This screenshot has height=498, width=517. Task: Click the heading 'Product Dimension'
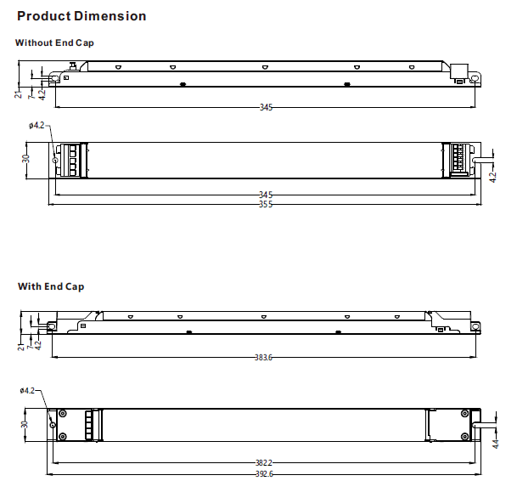tap(81, 16)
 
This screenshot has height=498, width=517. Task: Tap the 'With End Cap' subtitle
tap(51, 286)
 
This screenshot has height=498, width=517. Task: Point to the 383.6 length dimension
tap(264, 358)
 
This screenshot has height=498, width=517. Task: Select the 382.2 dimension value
tap(264, 463)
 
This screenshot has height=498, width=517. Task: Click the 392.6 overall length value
tap(264, 474)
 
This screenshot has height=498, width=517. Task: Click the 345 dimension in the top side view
tap(266, 107)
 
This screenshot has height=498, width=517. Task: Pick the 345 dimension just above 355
tap(266, 195)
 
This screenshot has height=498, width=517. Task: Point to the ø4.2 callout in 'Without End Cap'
tap(37, 126)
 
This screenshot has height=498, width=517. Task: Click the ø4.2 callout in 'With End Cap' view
tap(27, 391)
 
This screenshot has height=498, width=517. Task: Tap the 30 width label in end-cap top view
tap(25, 423)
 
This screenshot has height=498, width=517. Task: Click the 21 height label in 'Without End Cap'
tap(19, 93)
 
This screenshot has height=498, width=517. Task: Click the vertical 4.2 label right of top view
tap(493, 177)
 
